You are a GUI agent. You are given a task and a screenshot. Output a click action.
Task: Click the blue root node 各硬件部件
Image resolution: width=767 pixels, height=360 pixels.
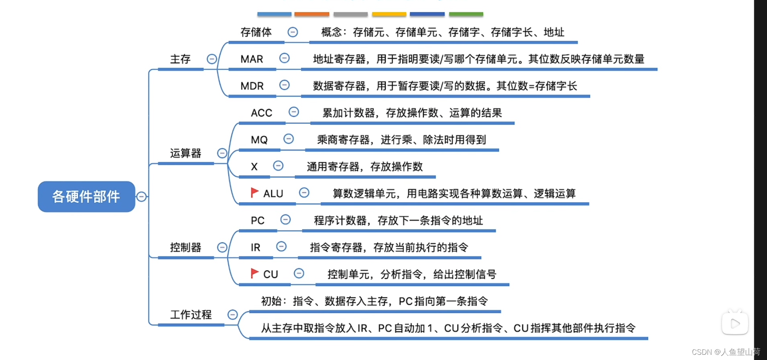[x=86, y=196]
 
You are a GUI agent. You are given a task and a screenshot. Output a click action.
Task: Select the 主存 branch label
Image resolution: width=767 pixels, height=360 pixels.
[x=180, y=59]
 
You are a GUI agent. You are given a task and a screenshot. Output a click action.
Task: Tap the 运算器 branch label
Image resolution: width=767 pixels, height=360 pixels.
[x=185, y=153]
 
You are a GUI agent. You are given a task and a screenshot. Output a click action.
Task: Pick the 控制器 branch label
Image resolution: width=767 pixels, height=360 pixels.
[x=185, y=247]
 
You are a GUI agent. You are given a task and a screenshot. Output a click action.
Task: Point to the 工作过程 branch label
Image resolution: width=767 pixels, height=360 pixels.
[x=191, y=315]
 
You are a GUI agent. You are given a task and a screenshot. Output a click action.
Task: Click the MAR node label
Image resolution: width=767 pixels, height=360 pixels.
[x=252, y=59]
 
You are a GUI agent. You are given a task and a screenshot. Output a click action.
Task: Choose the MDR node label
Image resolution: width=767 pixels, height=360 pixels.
[x=252, y=86]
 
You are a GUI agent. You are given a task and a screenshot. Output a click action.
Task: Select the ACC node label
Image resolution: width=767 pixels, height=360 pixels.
[x=261, y=113]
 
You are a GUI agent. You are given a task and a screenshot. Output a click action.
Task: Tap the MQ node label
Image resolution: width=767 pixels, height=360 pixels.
[x=259, y=140]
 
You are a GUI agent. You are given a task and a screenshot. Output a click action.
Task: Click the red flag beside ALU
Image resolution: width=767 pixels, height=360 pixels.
[x=254, y=192]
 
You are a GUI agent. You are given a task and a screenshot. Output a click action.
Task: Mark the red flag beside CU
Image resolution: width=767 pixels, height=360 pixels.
[x=254, y=273]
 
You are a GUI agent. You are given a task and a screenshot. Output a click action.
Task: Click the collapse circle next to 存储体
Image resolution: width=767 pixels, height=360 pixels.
[x=292, y=32]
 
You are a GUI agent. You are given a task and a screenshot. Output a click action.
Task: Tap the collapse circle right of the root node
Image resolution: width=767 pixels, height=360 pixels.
[x=141, y=196]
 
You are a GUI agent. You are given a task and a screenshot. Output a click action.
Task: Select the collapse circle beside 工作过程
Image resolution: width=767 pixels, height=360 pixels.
[x=233, y=315]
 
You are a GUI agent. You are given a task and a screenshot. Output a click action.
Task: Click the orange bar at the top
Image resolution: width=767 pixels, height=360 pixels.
[x=311, y=14]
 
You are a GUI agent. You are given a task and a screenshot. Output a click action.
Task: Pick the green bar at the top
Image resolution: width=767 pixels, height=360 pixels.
[x=466, y=14]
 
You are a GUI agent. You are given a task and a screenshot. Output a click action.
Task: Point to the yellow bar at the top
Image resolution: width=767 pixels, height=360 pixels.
[x=389, y=14]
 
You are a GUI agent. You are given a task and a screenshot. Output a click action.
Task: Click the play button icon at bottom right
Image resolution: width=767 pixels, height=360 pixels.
[x=735, y=323]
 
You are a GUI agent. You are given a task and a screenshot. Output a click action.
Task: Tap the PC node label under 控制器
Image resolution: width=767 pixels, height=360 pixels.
[x=258, y=221]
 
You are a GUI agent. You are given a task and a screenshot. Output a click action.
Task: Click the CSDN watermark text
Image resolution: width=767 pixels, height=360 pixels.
[x=725, y=352]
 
